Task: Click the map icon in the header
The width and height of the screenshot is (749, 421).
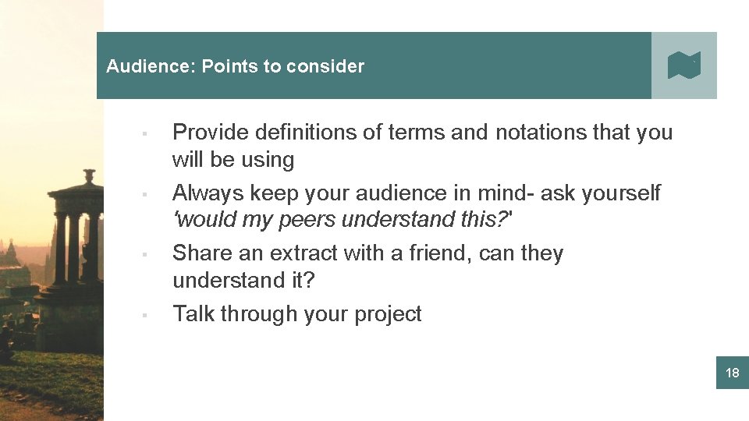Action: click(x=684, y=65)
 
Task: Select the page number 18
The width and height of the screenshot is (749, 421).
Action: click(x=732, y=373)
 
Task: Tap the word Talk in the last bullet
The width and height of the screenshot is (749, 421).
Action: click(x=193, y=314)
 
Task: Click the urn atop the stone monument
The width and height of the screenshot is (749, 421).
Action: click(x=90, y=176)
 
